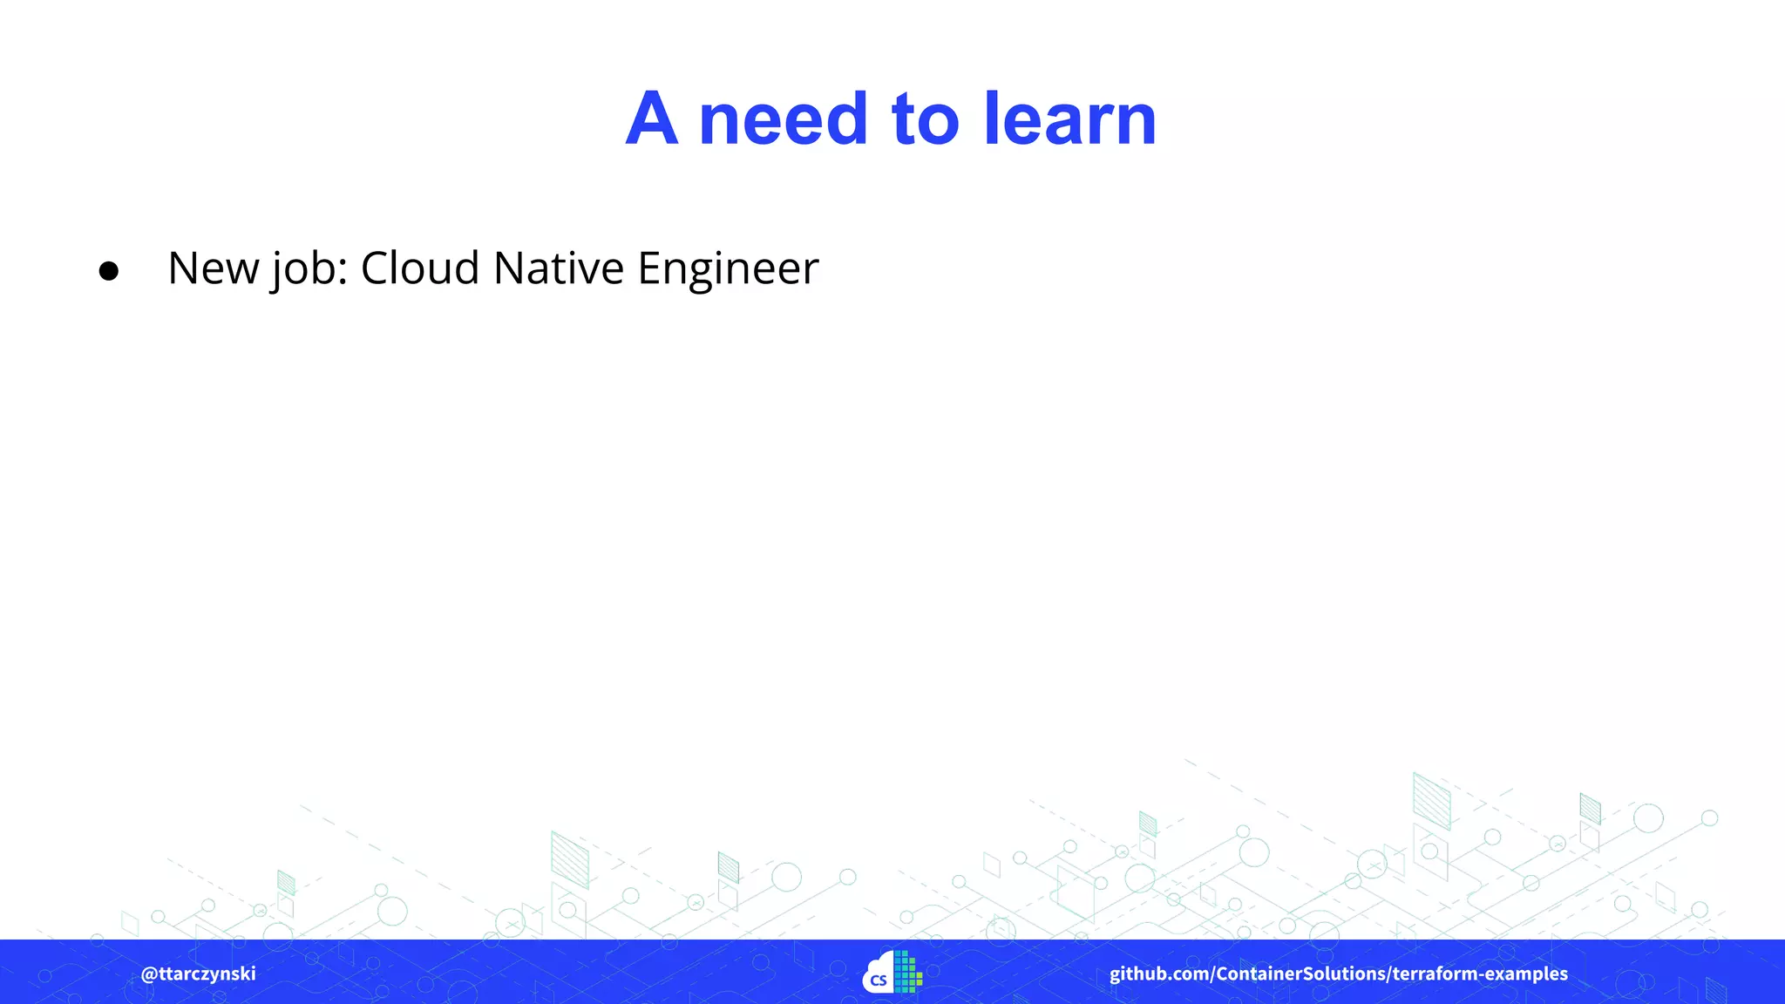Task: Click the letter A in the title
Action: [x=652, y=119]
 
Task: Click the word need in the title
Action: [x=784, y=119]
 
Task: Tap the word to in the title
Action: [x=926, y=119]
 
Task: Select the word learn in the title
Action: [x=1070, y=119]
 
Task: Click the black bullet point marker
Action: [x=109, y=271]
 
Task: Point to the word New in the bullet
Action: [x=214, y=268]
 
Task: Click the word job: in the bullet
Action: [x=309, y=269]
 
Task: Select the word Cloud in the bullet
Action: [x=420, y=268]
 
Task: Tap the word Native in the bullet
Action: [x=558, y=268]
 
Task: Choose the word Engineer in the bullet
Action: [x=728, y=269]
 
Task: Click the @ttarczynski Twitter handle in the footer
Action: [x=199, y=973]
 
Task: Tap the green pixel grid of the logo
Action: [x=908, y=972]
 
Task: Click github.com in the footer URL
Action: [x=1158, y=973]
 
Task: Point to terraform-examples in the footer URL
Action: [x=1480, y=973]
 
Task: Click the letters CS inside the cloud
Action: [x=879, y=980]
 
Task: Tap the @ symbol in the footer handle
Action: [x=149, y=973]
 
